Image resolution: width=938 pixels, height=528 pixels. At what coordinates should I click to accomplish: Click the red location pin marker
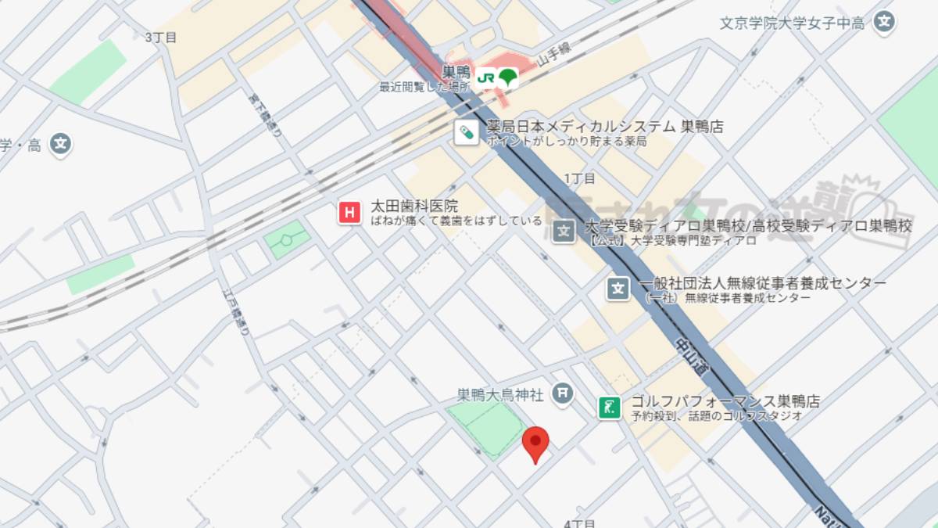(x=535, y=443)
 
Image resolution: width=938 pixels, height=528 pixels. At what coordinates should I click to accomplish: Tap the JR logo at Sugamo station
(x=486, y=77)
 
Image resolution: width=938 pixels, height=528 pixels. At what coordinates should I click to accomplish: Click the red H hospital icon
(x=349, y=212)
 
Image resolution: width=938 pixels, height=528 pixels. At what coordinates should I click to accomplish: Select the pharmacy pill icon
(x=467, y=132)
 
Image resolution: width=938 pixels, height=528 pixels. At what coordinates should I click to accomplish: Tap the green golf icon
(x=610, y=407)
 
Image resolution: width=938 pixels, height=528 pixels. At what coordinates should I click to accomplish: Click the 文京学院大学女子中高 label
(x=792, y=23)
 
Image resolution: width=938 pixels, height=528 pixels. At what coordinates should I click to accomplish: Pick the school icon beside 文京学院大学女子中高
(x=884, y=22)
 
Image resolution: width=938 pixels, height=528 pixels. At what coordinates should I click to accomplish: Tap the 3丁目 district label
(x=161, y=37)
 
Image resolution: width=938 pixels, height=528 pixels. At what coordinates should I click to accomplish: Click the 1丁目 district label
(x=579, y=178)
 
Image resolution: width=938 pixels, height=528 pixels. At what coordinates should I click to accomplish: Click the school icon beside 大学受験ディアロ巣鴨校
(x=564, y=232)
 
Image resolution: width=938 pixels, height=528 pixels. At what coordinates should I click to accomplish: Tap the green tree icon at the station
(x=508, y=77)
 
